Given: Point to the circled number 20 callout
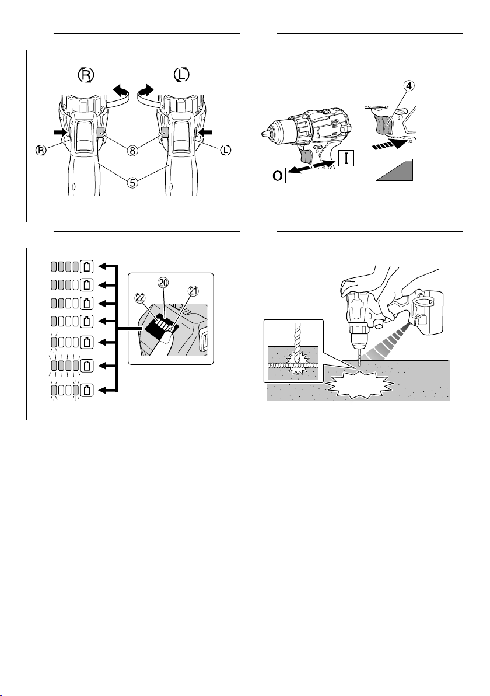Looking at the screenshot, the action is point(163,283).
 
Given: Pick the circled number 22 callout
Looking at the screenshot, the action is point(140,297).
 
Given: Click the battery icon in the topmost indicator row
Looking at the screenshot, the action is point(87,267).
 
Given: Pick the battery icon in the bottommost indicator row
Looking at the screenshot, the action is point(87,389).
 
